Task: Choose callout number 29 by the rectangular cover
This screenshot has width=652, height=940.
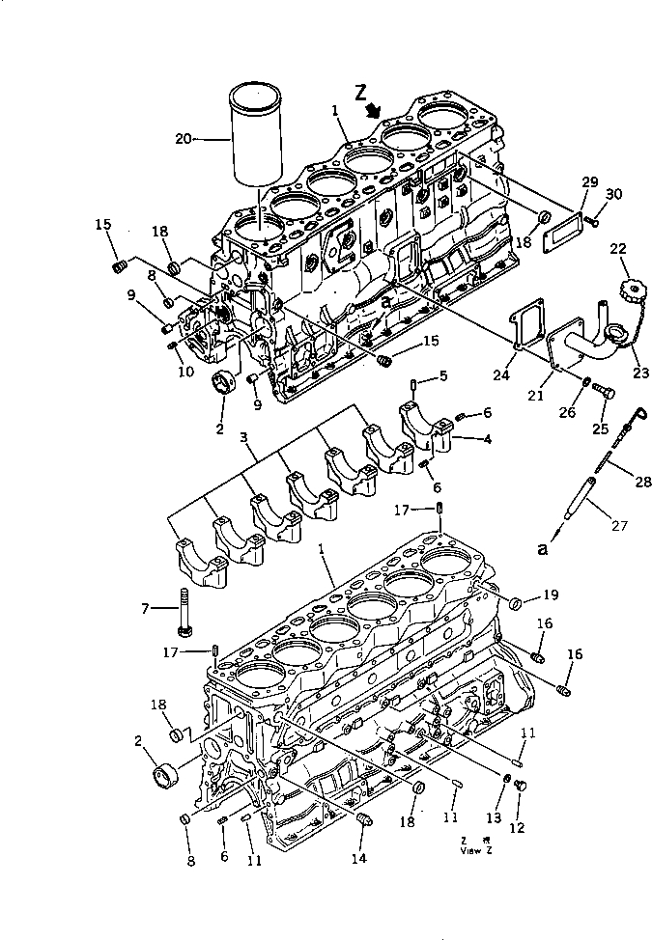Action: pos(590,181)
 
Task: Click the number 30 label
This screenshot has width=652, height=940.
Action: pos(615,194)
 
